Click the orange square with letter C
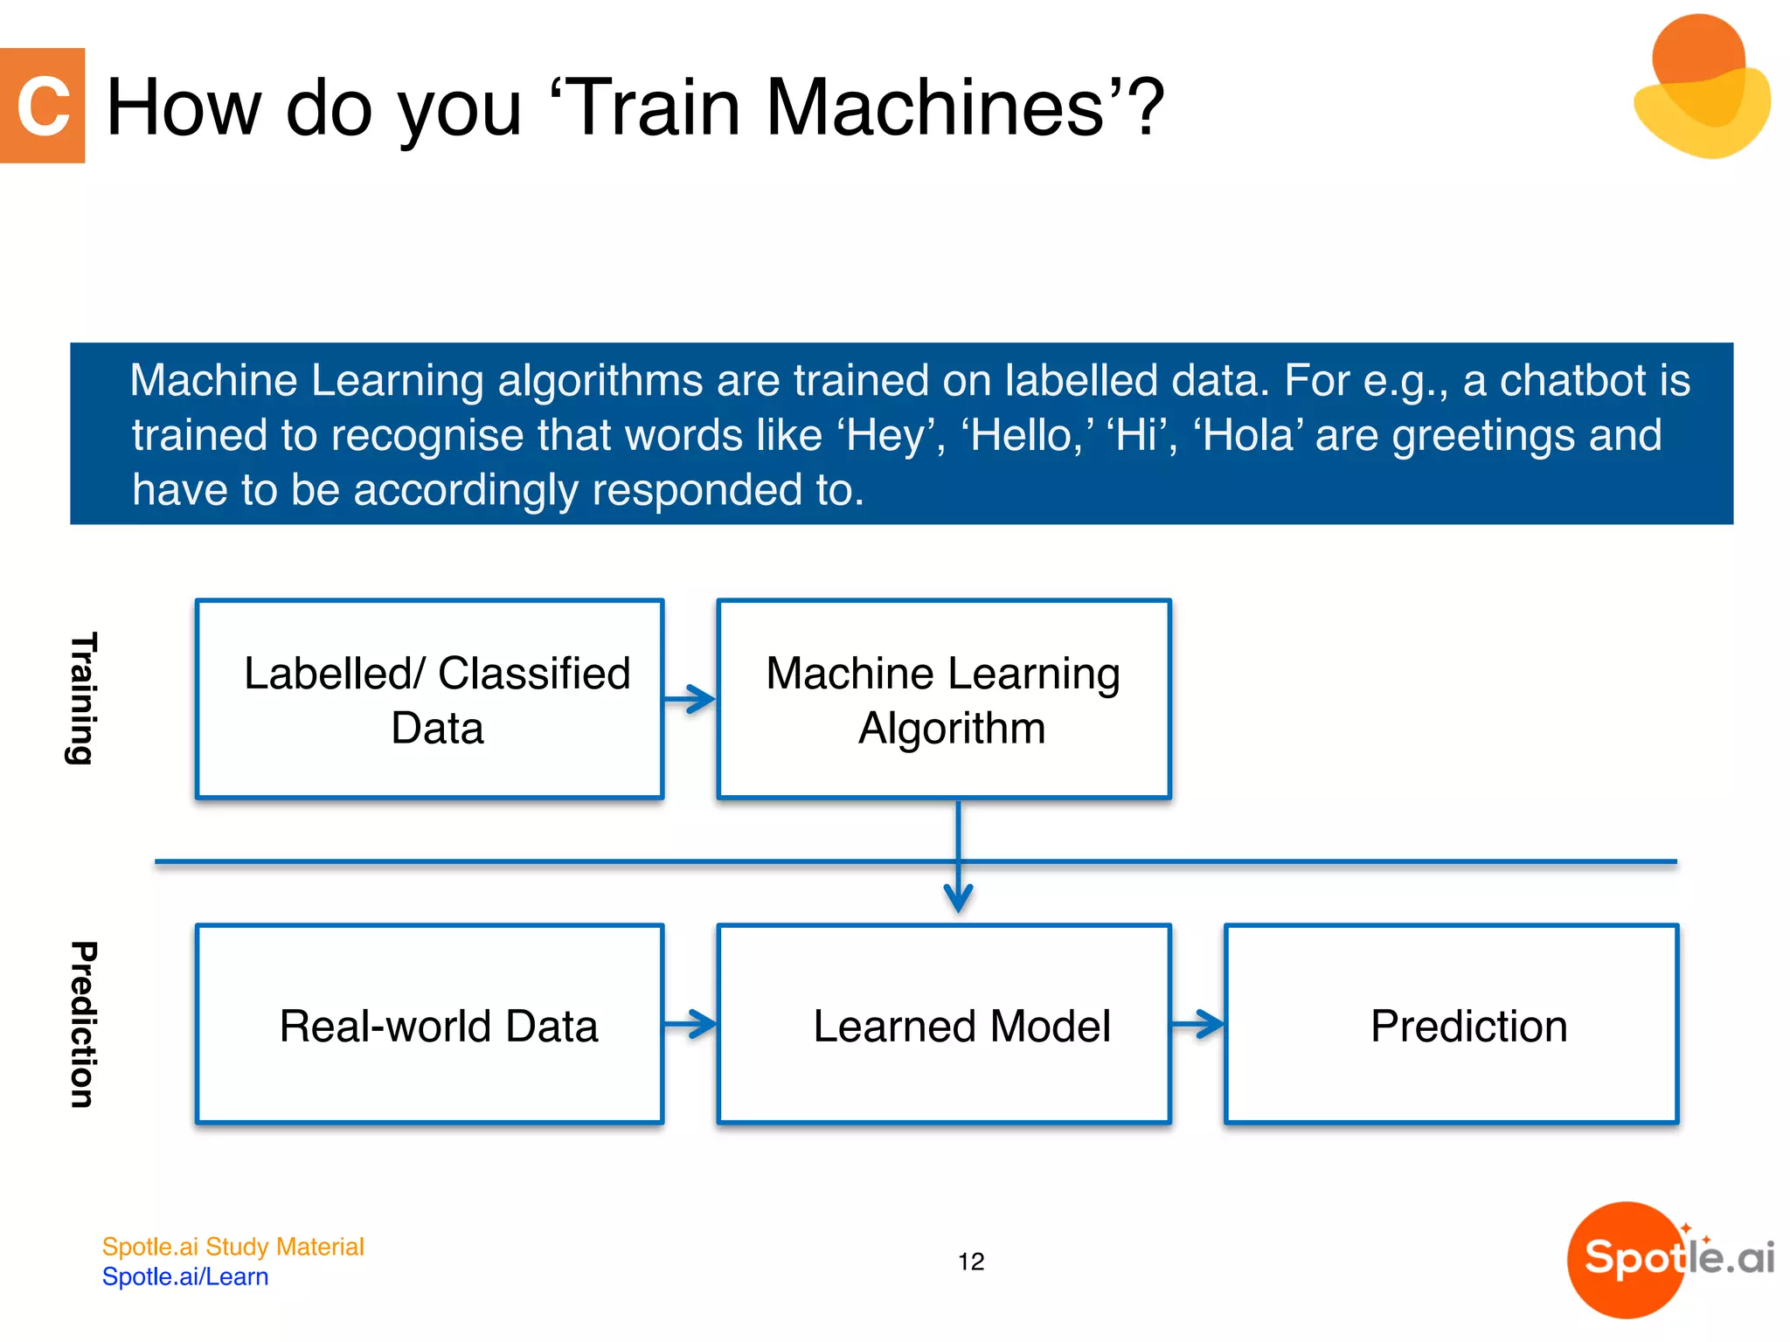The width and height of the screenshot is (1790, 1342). click(42, 106)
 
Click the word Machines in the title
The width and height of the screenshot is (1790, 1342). click(934, 107)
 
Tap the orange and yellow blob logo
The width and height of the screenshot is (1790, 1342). click(1701, 87)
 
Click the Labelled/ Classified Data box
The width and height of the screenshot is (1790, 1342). click(430, 699)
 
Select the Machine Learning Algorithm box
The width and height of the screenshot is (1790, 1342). click(943, 699)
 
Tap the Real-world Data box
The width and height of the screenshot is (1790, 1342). click(430, 1024)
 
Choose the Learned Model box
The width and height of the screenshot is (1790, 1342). click(943, 1024)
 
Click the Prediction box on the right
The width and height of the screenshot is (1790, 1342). click(1451, 1024)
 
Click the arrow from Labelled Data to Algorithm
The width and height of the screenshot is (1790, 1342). click(690, 699)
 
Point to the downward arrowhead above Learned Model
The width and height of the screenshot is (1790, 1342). click(959, 898)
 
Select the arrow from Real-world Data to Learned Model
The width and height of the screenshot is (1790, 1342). click(690, 1024)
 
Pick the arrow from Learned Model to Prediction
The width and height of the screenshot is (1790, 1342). click(1198, 1024)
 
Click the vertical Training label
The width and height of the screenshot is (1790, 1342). click(82, 699)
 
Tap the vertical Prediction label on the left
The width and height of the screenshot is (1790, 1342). click(82, 1024)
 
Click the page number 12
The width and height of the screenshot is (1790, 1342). click(970, 1262)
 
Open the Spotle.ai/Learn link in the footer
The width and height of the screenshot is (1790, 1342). click(185, 1276)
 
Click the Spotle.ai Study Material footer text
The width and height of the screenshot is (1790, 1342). click(232, 1247)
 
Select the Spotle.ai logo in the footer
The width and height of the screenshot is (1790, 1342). click(1669, 1259)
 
